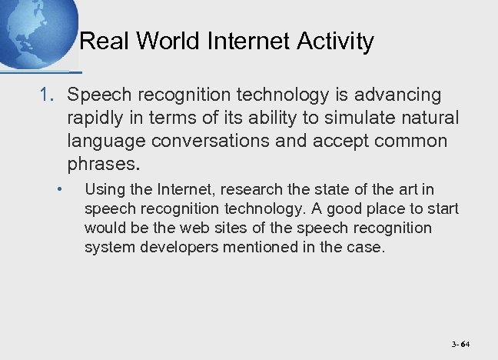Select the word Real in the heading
point(104,42)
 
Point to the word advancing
point(400,95)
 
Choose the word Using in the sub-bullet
point(103,189)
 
